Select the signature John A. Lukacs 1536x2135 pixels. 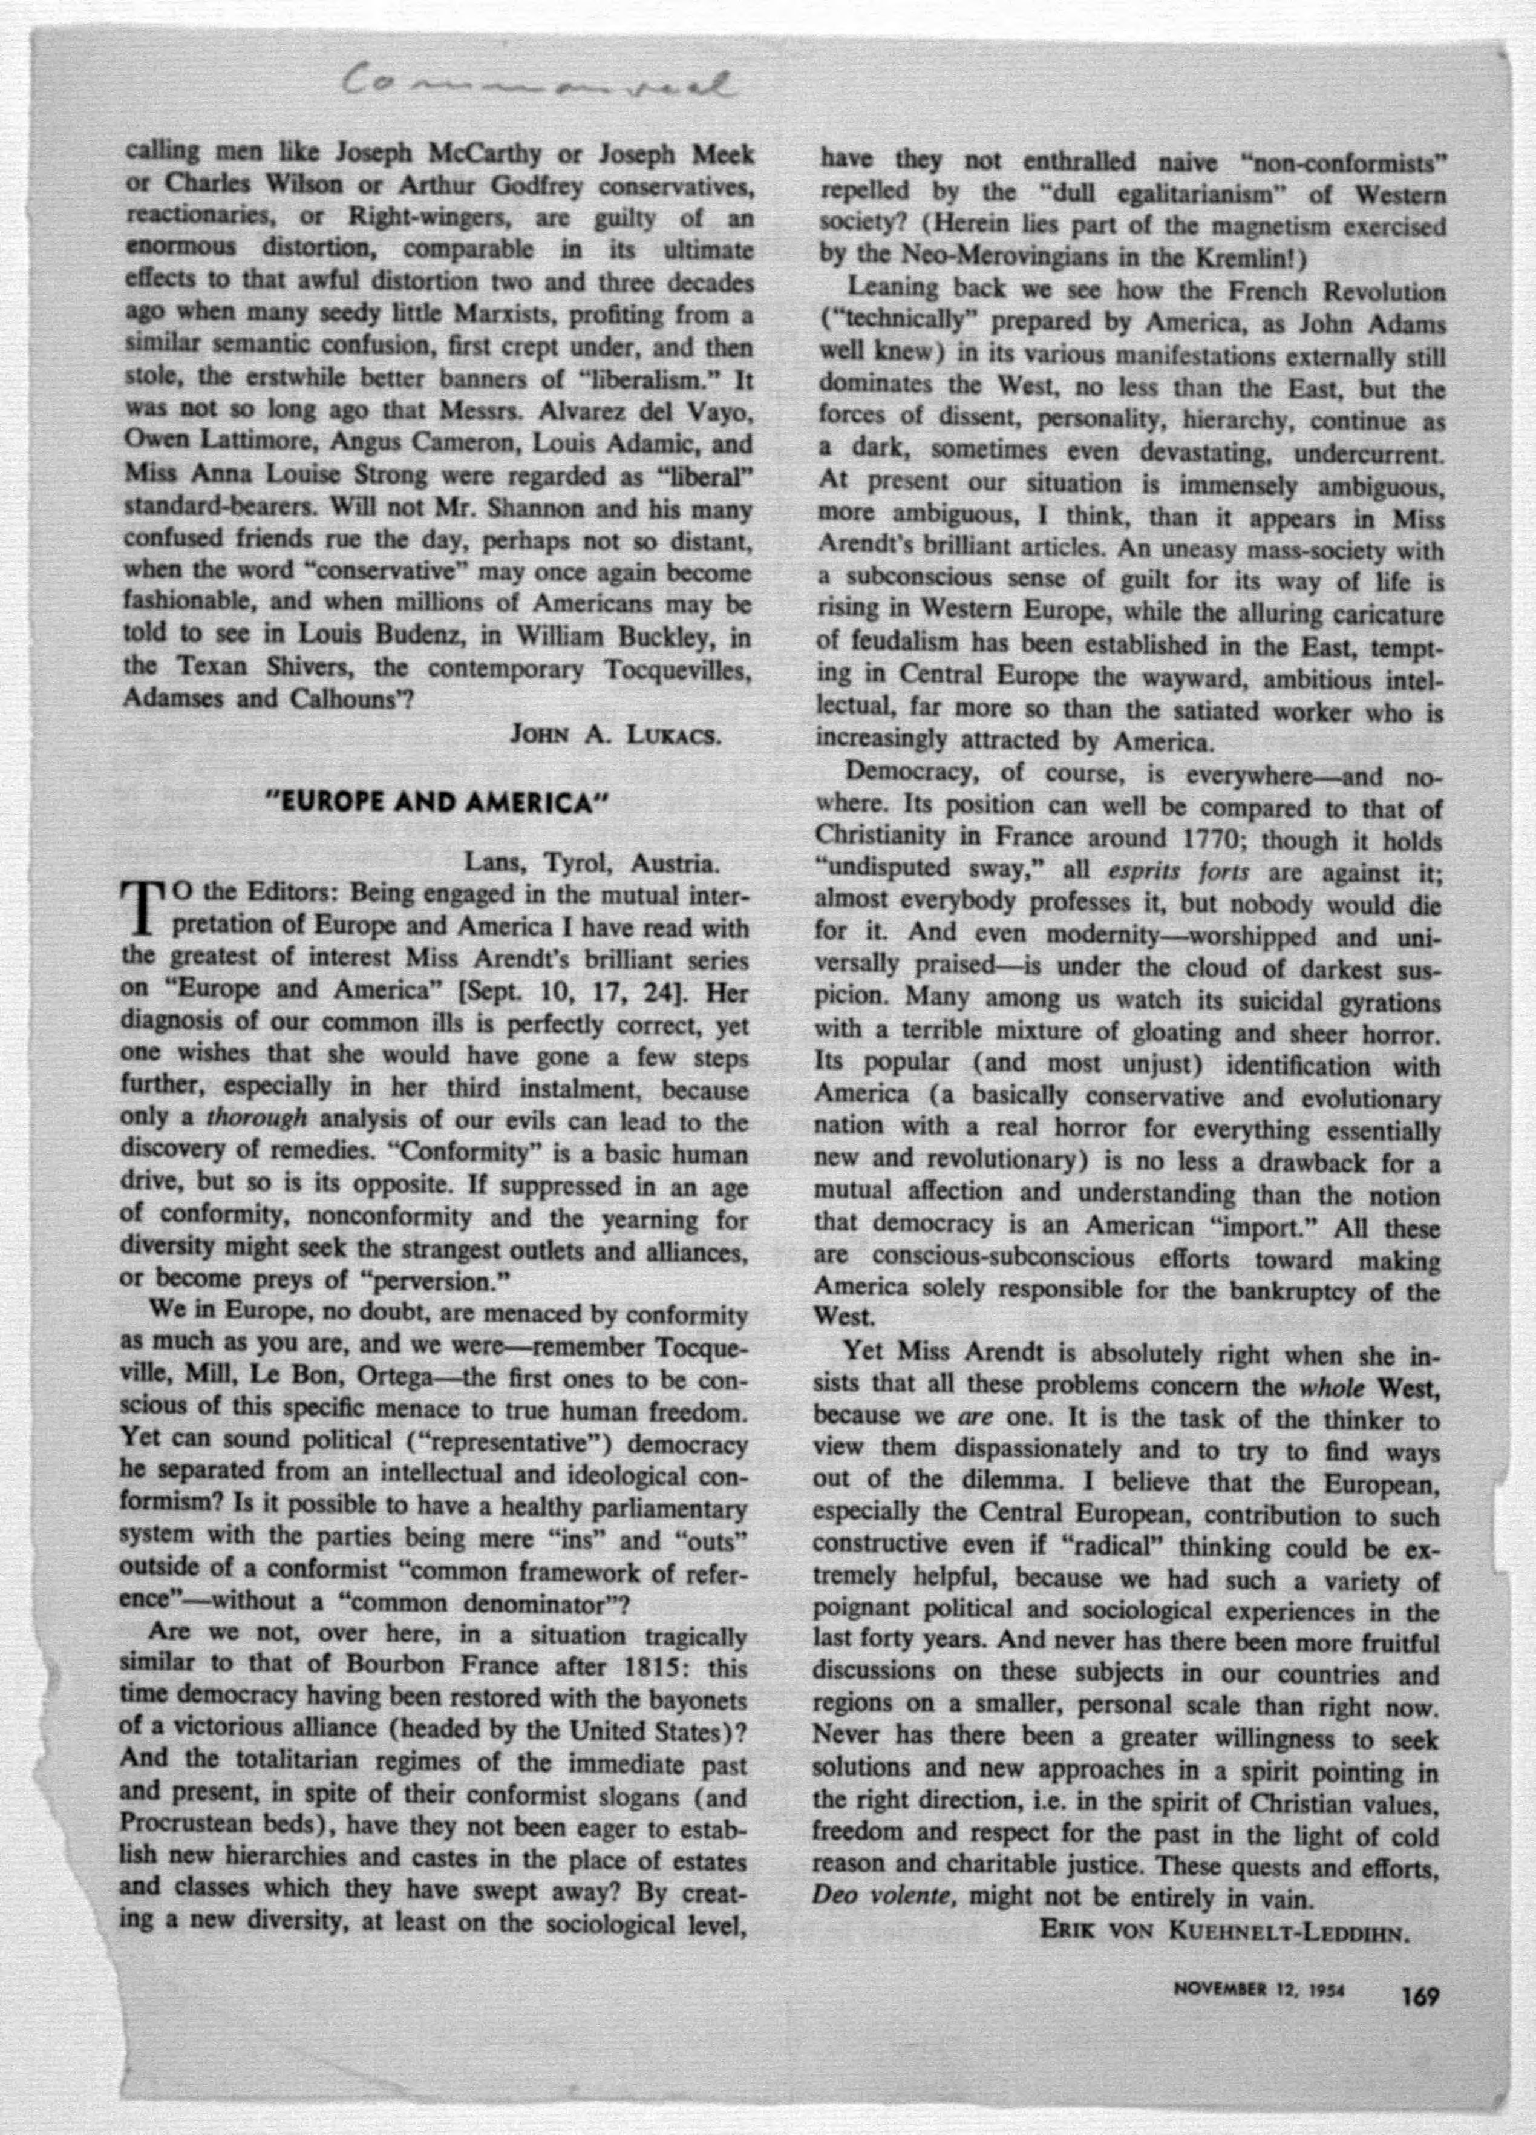[615, 735]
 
